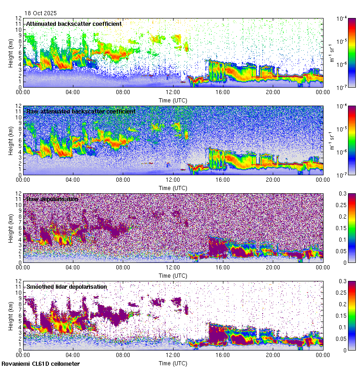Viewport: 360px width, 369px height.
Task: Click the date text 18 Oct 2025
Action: tap(41, 13)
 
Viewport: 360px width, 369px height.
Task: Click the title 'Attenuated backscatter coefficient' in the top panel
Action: tap(74, 24)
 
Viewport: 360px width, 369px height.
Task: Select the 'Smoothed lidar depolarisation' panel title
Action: tap(66, 286)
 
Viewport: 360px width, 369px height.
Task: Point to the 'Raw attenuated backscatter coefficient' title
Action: tap(81, 111)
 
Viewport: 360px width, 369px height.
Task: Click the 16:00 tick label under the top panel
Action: tap(223, 91)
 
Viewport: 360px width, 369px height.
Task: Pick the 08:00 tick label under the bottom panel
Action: tap(123, 354)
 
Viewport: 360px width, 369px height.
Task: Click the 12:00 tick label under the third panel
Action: tap(173, 267)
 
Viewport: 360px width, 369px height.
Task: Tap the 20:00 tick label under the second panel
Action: tap(273, 179)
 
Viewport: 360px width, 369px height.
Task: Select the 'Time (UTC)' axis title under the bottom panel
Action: tap(173, 363)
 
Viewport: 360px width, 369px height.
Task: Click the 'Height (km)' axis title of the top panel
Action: tap(11, 53)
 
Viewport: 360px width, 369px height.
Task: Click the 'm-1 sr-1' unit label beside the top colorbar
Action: tap(333, 53)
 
